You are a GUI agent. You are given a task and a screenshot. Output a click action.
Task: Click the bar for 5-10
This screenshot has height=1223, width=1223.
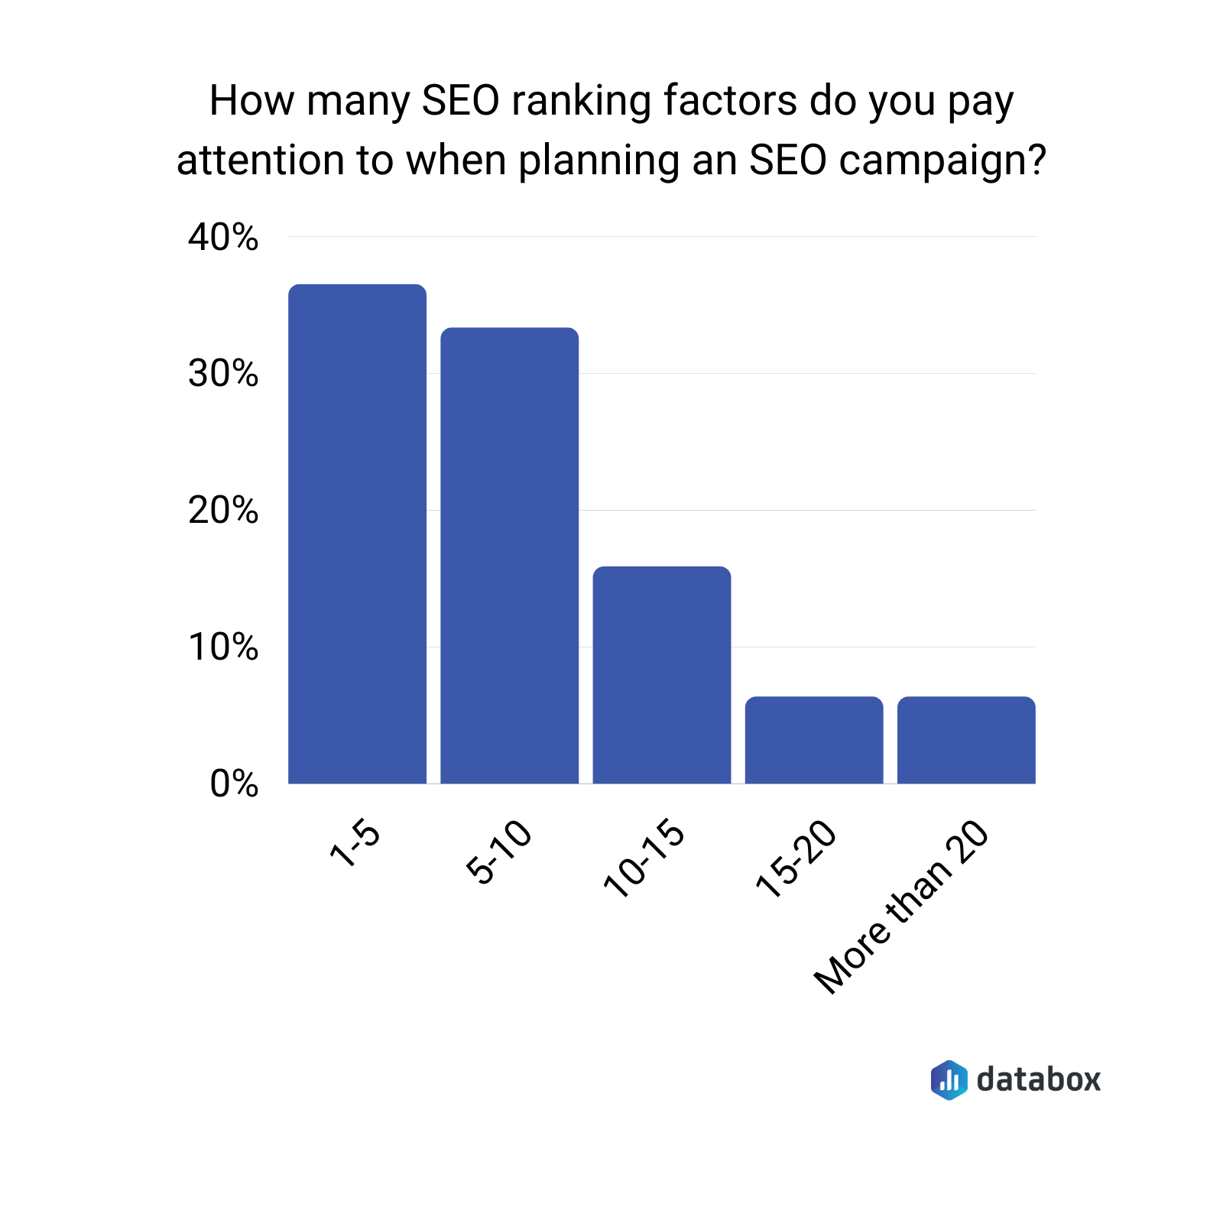pos(509,556)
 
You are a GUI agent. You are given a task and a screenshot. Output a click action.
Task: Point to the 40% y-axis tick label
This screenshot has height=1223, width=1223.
pos(223,238)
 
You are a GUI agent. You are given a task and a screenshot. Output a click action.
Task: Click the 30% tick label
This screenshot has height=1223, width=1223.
pos(223,374)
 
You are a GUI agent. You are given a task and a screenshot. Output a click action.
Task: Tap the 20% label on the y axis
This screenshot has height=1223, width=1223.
pos(223,511)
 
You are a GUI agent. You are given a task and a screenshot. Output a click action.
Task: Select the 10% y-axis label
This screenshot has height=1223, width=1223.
pos(223,647)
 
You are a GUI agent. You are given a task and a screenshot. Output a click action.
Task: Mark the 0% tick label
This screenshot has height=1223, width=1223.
pos(234,784)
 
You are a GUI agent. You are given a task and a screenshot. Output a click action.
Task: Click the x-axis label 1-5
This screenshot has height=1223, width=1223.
pos(355,845)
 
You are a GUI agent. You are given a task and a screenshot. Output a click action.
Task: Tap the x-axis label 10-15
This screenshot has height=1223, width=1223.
pos(644,858)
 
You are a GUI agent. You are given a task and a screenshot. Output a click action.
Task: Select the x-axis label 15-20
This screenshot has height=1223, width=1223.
pos(796,858)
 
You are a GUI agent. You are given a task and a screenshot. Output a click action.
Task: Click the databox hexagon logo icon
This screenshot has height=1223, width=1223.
pos(949,1080)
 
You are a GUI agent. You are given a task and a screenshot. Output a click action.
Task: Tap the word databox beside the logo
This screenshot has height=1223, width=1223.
pos(1039,1080)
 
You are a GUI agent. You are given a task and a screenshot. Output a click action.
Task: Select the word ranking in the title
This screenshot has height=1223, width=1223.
pos(581,102)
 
